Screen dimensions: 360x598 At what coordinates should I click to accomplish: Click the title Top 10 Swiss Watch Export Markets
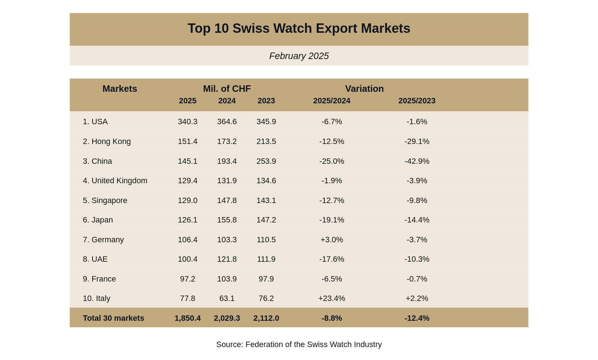[x=299, y=28]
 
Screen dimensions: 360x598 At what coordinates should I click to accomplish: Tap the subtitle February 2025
[x=299, y=56]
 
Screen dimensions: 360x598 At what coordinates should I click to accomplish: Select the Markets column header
[x=120, y=89]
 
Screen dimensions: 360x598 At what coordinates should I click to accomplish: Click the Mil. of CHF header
[x=227, y=89]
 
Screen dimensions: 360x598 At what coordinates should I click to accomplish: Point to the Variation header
[x=364, y=89]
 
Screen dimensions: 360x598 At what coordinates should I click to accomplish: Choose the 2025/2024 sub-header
[x=331, y=101]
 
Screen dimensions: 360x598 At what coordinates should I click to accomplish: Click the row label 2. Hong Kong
[x=107, y=141]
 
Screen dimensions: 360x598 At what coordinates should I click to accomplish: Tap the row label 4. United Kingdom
[x=115, y=181]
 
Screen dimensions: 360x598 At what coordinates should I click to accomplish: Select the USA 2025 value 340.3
[x=187, y=122]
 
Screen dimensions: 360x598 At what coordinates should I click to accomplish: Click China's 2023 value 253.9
[x=266, y=161]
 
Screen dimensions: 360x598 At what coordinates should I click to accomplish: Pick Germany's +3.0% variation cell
[x=331, y=240]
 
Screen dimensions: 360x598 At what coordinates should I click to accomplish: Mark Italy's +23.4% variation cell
[x=331, y=298]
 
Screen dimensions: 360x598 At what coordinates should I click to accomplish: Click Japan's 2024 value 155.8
[x=227, y=220]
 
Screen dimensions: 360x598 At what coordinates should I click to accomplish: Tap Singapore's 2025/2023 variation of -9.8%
[x=416, y=201]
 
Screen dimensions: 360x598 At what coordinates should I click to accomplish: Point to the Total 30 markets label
[x=113, y=318]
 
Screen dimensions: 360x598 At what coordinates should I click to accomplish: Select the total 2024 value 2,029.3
[x=227, y=318]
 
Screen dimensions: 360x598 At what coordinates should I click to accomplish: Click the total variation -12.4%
[x=416, y=318]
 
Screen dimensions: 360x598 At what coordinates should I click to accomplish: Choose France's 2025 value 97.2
[x=187, y=279]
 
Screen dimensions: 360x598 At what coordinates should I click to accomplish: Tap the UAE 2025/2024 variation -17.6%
[x=331, y=259]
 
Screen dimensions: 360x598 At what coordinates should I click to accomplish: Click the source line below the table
[x=299, y=345]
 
